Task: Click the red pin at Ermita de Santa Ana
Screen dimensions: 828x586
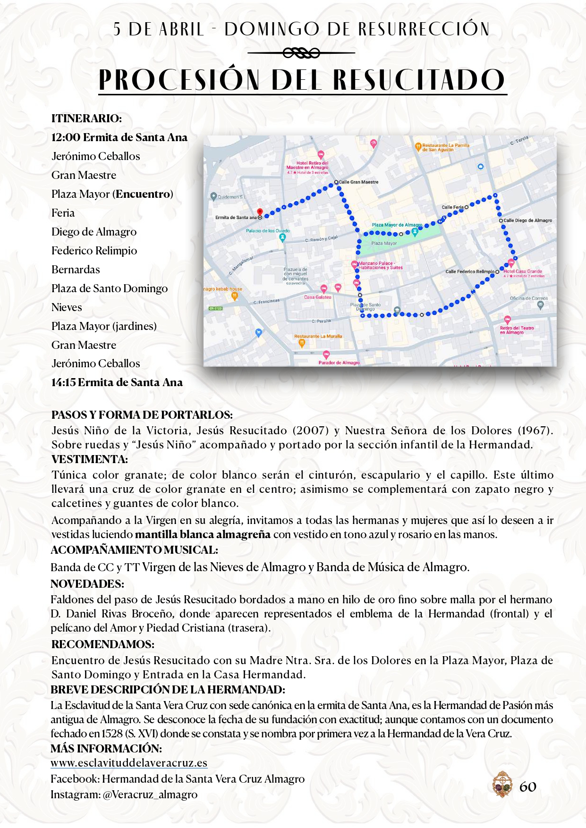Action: click(x=259, y=212)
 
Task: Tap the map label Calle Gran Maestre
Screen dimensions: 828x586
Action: click(x=358, y=182)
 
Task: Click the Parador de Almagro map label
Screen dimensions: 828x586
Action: click(x=339, y=363)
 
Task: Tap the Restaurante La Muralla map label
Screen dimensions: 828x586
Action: click(x=318, y=336)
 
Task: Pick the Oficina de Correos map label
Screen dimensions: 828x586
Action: click(x=529, y=298)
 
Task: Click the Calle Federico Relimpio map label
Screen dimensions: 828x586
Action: click(x=470, y=271)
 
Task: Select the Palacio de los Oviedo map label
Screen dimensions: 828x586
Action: click(x=268, y=231)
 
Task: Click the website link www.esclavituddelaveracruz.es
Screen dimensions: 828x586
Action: click(x=129, y=763)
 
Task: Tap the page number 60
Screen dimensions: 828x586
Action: click(x=528, y=786)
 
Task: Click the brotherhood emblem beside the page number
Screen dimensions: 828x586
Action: click(x=502, y=785)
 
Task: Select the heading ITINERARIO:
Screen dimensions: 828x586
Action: click(x=86, y=118)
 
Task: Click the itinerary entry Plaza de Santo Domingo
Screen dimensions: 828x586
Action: click(x=110, y=288)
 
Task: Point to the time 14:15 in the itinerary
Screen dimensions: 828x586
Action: click(x=64, y=382)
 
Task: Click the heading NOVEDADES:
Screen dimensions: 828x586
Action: click(x=87, y=584)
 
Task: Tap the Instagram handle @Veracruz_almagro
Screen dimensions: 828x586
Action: click(x=150, y=794)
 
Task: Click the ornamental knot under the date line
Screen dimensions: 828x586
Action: click(x=301, y=53)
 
